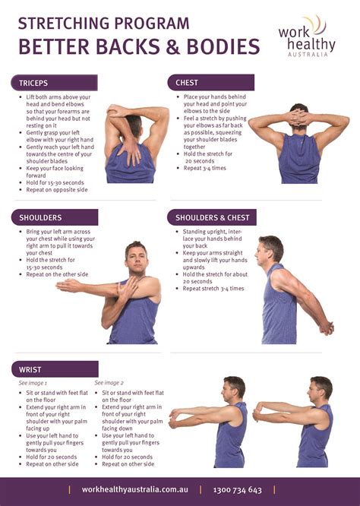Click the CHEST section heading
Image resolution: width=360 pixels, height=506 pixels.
coord(187,83)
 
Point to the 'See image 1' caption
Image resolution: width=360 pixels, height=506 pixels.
coord(33,384)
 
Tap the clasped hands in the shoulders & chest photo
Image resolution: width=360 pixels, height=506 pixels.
coord(326,327)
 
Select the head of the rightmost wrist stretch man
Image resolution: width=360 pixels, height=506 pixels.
coord(321,388)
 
